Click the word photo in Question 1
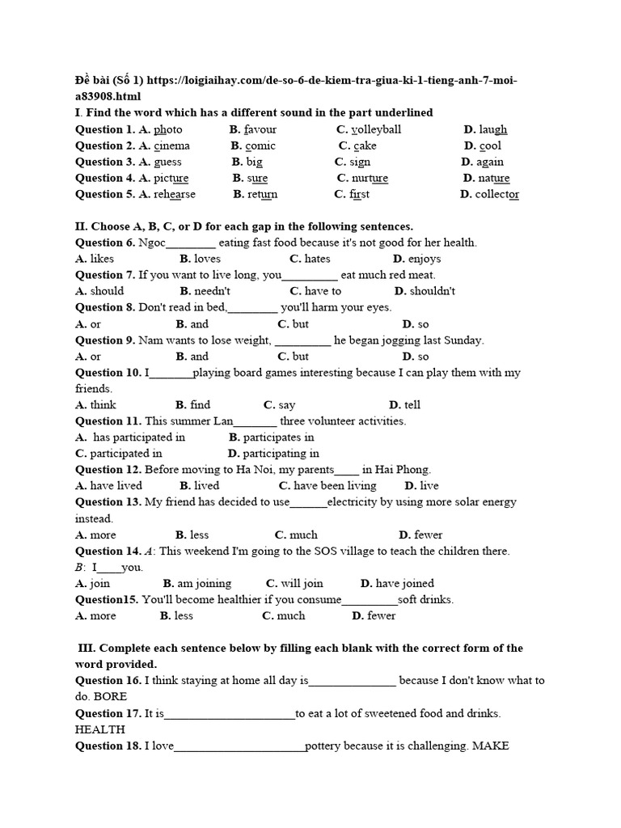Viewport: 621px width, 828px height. [x=168, y=129]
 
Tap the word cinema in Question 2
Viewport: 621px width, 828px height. [x=171, y=146]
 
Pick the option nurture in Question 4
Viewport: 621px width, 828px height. [x=370, y=178]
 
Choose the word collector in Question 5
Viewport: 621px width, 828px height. [x=497, y=194]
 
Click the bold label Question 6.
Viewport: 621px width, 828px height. [x=105, y=243]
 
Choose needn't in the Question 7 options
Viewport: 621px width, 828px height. [x=211, y=291]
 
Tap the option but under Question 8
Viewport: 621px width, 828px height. [x=300, y=323]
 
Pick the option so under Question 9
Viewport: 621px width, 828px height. [x=423, y=356]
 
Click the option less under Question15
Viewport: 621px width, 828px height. [x=184, y=615]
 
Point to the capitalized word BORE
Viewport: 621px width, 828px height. [x=111, y=696]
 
